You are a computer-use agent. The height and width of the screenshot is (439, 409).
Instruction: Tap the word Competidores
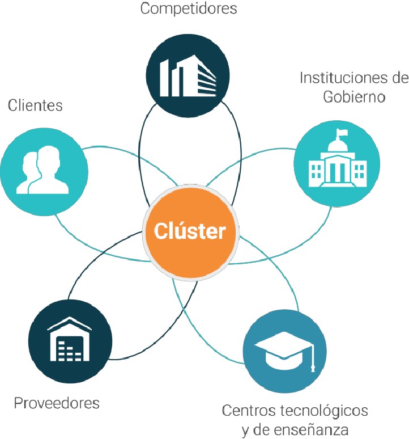[x=189, y=9]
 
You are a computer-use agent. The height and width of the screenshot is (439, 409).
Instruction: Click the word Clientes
[x=35, y=105]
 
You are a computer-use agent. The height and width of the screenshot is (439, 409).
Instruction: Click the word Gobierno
[x=354, y=96]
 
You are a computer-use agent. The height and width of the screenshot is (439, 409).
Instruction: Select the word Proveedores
[x=57, y=403]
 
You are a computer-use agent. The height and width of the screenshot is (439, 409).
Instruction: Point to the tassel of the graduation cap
[x=313, y=363]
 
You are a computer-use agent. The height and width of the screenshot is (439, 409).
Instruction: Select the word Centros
[x=243, y=410]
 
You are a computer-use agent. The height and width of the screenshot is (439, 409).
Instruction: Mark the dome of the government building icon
[x=338, y=146]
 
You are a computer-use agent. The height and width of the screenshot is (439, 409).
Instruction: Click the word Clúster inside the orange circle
[x=190, y=231]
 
